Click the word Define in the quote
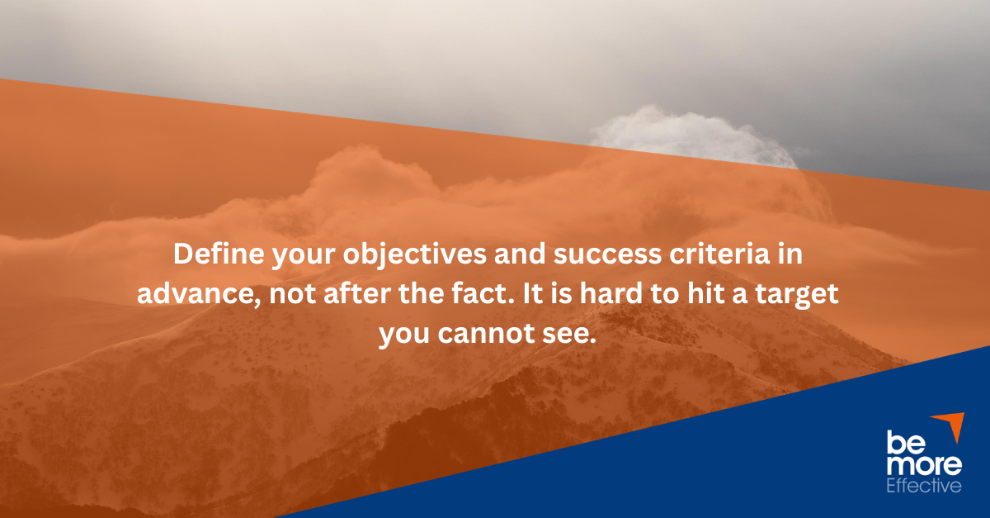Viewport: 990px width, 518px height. point(219,254)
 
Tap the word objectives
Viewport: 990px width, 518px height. point(414,255)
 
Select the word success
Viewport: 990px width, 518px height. point(608,255)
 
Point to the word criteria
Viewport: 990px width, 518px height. point(719,254)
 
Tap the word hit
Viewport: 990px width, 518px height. point(706,293)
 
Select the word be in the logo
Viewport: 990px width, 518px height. point(905,442)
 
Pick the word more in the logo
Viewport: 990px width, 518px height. point(924,465)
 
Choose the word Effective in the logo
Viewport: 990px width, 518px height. point(924,486)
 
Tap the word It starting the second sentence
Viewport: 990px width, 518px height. point(534,293)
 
